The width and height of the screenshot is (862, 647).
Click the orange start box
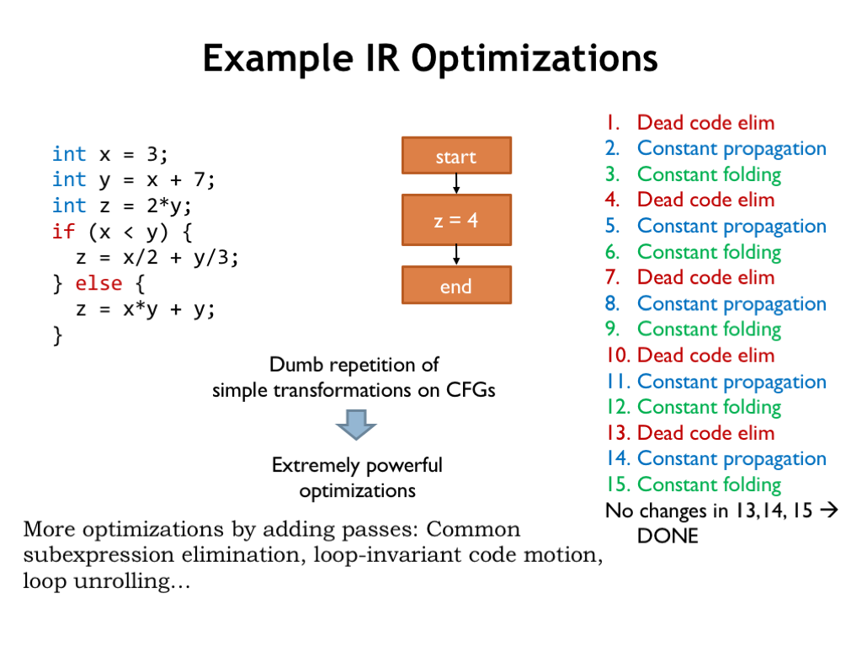(456, 156)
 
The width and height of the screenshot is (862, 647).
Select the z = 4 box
(456, 220)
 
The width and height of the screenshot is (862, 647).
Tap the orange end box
(456, 285)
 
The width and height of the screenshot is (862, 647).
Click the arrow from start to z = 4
(456, 184)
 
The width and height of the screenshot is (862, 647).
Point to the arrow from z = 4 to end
(456, 256)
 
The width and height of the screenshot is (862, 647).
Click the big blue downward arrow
(356, 425)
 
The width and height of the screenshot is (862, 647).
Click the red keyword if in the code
(63, 231)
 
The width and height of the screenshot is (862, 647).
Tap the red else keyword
(99, 283)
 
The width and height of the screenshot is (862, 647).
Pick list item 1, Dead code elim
(690, 123)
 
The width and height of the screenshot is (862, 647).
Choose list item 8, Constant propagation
(716, 304)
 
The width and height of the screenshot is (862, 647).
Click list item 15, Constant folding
(694, 485)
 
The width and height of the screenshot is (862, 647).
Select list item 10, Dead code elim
(690, 356)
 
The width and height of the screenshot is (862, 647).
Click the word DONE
(668, 536)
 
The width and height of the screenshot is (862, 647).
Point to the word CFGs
(471, 390)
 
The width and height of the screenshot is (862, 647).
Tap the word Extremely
(316, 466)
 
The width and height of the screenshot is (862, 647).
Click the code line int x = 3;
(110, 154)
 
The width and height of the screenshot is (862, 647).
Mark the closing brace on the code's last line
(58, 335)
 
